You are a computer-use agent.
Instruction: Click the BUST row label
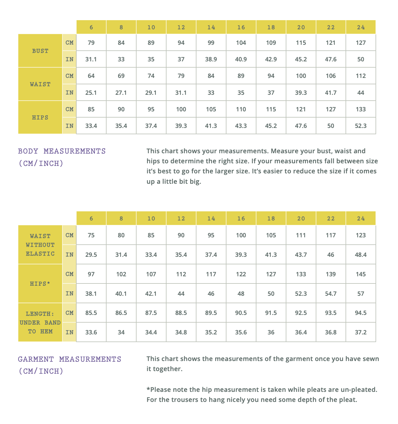[x=40, y=51]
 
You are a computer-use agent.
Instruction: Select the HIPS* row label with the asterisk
[x=40, y=284]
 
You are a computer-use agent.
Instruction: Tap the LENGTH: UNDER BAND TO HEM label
[x=40, y=322]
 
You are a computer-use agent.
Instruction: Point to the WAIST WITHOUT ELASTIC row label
[x=40, y=245]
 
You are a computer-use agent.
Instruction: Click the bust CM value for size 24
[x=361, y=43]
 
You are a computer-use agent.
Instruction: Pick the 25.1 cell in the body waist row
[x=91, y=93]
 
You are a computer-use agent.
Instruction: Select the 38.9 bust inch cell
[x=211, y=59]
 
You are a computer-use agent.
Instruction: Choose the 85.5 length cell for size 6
[x=91, y=313]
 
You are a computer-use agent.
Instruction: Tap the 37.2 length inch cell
[x=361, y=332]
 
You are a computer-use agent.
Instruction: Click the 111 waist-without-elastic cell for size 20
[x=301, y=235]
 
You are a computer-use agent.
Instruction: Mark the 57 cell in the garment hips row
[x=361, y=294]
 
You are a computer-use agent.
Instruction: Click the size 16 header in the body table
[x=241, y=27]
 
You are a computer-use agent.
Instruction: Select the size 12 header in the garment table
[x=181, y=218]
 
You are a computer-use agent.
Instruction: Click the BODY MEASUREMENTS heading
[x=62, y=151]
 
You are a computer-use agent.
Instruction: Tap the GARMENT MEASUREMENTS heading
[x=69, y=359]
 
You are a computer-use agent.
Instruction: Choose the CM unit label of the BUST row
[x=69, y=43]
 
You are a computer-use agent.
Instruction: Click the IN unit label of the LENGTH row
[x=69, y=332]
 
